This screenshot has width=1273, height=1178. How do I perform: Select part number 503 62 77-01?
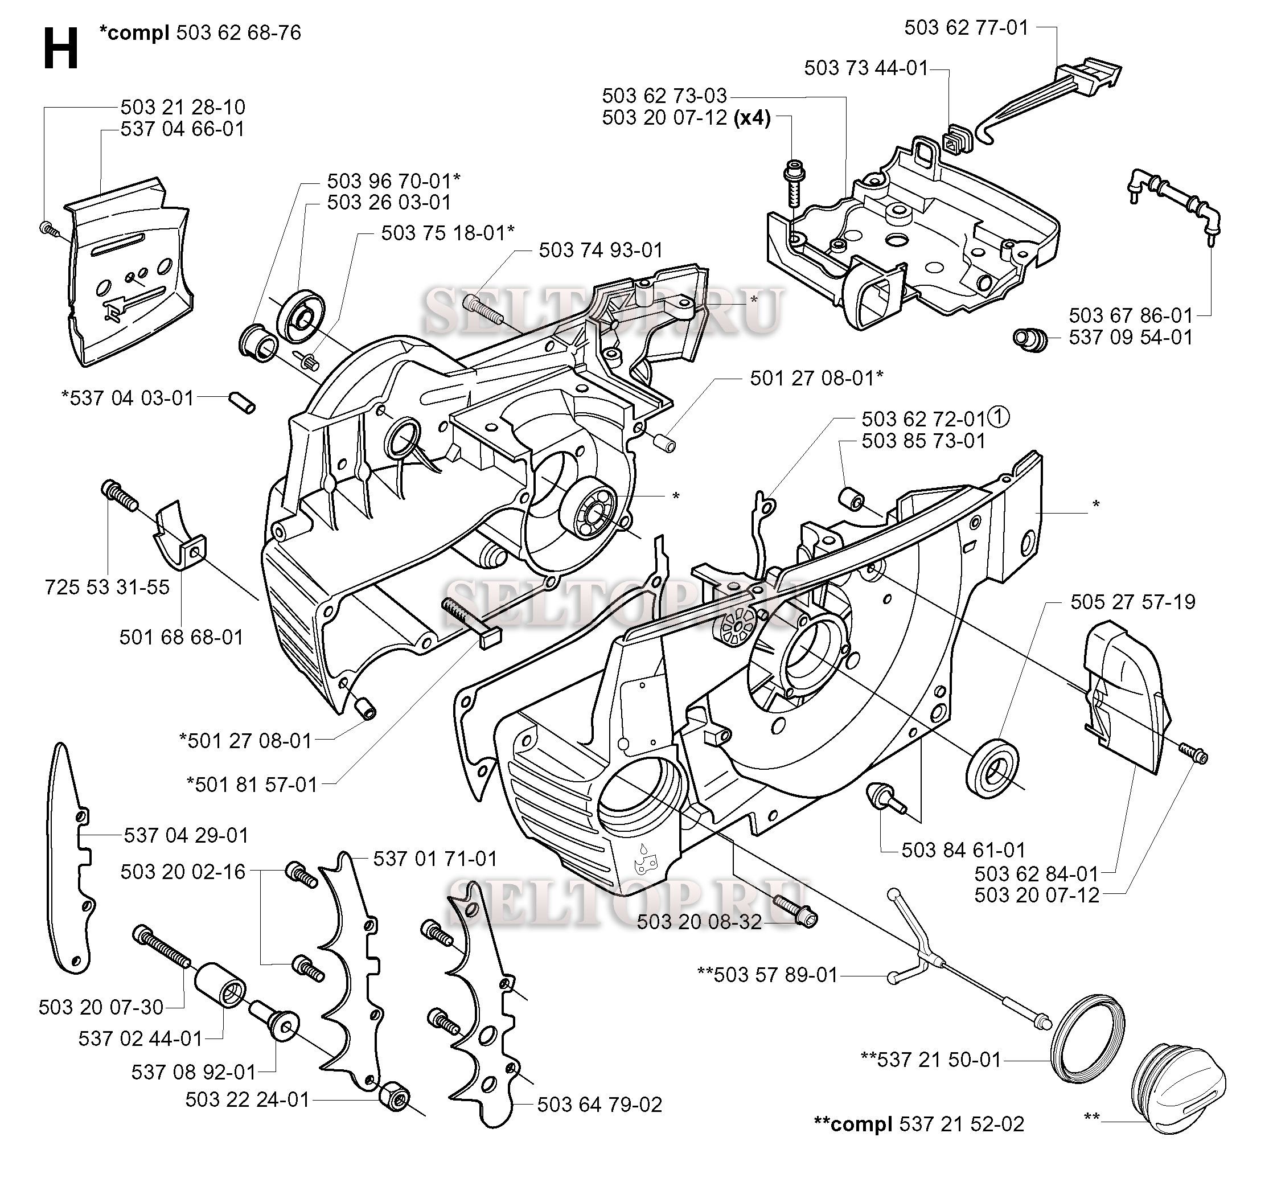click(x=966, y=28)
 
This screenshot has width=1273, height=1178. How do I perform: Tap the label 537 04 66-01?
click(x=182, y=129)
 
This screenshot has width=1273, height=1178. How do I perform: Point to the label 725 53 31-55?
click(x=107, y=586)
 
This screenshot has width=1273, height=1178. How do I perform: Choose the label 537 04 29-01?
click(x=186, y=835)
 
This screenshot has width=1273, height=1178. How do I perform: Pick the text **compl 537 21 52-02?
click(x=919, y=1123)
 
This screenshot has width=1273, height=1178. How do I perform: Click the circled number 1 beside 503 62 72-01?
click(x=998, y=418)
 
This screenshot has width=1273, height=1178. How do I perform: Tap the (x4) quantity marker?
click(x=752, y=118)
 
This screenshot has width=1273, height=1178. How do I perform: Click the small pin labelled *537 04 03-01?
click(x=242, y=403)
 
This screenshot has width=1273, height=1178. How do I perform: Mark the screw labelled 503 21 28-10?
click(x=48, y=228)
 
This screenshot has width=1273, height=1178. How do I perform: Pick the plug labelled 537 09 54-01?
click(x=1029, y=339)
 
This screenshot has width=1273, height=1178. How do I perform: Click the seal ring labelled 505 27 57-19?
click(x=992, y=767)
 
